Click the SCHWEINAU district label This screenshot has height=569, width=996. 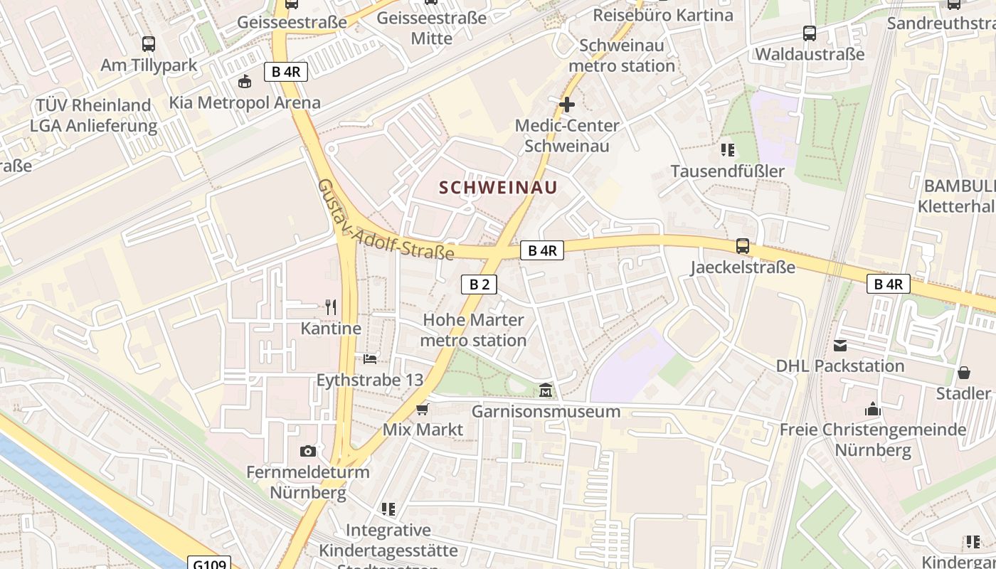(498, 188)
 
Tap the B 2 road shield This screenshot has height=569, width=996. (479, 284)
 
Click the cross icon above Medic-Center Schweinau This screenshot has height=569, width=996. (567, 105)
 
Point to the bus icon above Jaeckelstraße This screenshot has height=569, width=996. (743, 246)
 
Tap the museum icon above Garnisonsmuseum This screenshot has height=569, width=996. (546, 390)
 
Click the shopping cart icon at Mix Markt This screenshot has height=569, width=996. (423, 409)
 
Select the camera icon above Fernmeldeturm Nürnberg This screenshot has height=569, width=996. (308, 451)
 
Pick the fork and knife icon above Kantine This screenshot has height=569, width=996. (331, 307)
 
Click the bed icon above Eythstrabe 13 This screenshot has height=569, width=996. (370, 358)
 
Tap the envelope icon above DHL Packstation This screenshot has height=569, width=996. (840, 346)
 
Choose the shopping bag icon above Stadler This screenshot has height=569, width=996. (964, 373)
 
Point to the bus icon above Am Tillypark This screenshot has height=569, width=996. (149, 44)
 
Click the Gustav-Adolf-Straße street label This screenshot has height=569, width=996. (385, 220)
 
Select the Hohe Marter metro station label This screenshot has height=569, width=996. (473, 330)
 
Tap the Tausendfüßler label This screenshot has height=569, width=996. (727, 171)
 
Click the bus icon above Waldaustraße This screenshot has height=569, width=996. (809, 33)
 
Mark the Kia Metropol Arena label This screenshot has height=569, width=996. (245, 102)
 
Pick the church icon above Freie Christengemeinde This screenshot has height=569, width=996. (873, 409)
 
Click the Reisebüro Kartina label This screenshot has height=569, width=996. (662, 15)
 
